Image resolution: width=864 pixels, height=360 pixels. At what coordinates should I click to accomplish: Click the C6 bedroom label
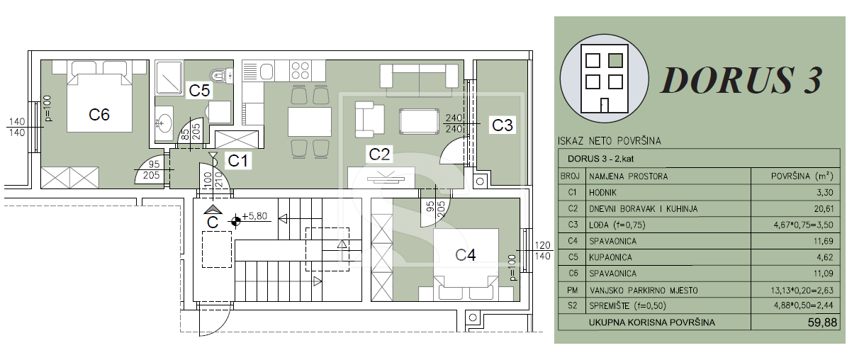pyautogui.click(x=99, y=115)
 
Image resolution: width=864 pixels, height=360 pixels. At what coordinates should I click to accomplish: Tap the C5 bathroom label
pyautogui.click(x=199, y=91)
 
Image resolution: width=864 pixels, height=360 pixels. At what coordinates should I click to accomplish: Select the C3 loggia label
pyautogui.click(x=503, y=125)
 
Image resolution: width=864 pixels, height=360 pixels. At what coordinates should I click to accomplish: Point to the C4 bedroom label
pyautogui.click(x=465, y=255)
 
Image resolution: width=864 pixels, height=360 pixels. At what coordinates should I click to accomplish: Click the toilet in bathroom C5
pyautogui.click(x=221, y=76)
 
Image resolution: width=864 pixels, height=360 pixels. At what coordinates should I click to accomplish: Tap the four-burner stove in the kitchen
pyautogui.click(x=300, y=71)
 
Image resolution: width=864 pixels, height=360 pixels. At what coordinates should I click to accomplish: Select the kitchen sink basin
pyautogui.click(x=267, y=72)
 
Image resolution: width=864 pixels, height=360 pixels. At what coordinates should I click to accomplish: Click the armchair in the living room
pyautogui.click(x=369, y=119)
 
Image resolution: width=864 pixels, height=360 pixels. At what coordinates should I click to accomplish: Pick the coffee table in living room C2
pyautogui.click(x=419, y=122)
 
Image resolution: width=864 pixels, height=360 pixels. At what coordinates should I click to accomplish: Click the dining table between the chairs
pyautogui.click(x=309, y=122)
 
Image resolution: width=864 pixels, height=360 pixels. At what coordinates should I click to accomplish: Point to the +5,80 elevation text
pyautogui.click(x=254, y=215)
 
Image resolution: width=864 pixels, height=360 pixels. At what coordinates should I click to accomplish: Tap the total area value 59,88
pyautogui.click(x=822, y=322)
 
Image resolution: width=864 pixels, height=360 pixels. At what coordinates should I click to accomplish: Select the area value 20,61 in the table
pyautogui.click(x=824, y=209)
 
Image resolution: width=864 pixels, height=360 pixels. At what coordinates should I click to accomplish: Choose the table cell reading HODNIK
pyautogui.click(x=602, y=193)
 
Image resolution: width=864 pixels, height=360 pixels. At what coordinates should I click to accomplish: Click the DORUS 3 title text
pyautogui.click(x=741, y=80)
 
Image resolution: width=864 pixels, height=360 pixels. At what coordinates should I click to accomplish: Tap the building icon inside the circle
pyautogui.click(x=605, y=79)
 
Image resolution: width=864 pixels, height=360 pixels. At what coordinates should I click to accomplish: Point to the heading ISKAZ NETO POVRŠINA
pyautogui.click(x=610, y=141)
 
